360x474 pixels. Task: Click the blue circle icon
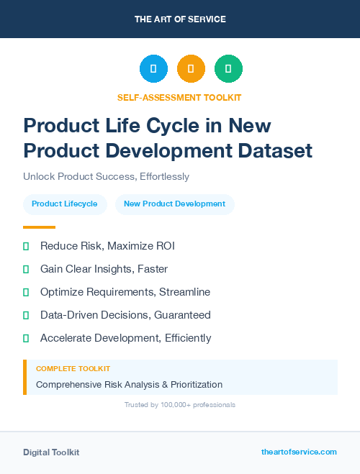click(x=153, y=69)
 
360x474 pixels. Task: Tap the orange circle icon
click(x=191, y=69)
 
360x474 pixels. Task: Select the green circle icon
click(x=228, y=69)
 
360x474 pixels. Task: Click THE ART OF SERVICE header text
click(x=180, y=19)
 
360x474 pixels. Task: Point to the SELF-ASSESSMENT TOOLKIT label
click(x=180, y=97)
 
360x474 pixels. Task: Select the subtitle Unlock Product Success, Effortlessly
click(x=106, y=176)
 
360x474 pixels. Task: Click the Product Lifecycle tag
click(x=65, y=204)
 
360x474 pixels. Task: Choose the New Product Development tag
click(x=174, y=204)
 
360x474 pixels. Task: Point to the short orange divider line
click(x=39, y=227)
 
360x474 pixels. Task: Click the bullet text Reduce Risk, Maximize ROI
click(x=107, y=246)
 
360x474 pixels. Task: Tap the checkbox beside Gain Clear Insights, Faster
click(x=26, y=270)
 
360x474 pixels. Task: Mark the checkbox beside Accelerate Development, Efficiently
click(x=26, y=338)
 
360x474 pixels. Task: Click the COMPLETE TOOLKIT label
click(x=73, y=369)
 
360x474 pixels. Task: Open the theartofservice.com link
click(x=299, y=452)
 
